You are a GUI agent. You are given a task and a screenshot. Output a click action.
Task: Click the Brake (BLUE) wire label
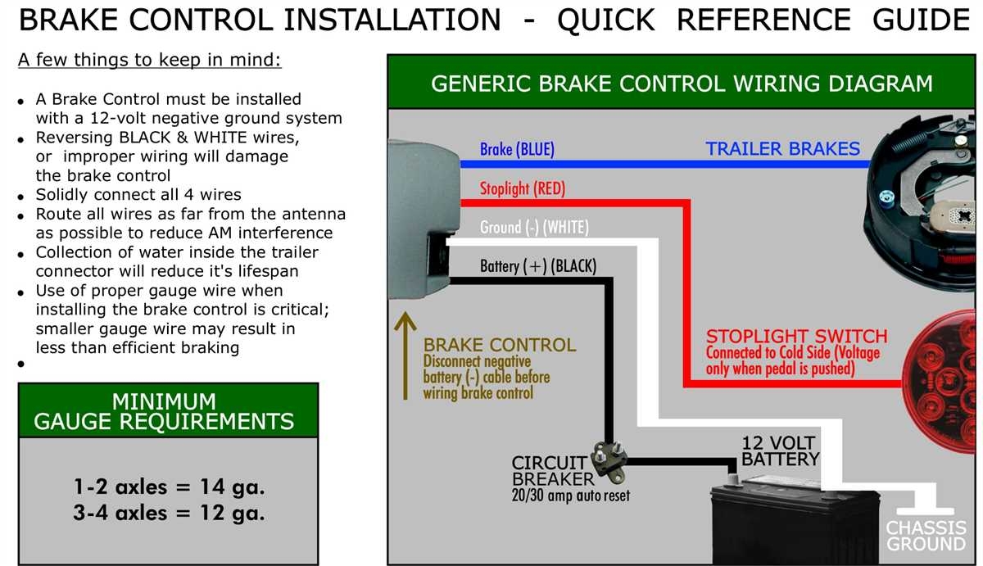point(517,149)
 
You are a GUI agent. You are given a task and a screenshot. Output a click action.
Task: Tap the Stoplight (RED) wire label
point(522,188)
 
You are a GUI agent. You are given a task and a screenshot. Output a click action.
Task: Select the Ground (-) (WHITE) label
point(533,227)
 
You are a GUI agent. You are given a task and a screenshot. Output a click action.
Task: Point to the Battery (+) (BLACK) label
point(538,266)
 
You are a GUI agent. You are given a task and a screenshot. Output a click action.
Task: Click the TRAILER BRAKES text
point(782,149)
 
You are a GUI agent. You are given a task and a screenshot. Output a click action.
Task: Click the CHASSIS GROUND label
point(926,536)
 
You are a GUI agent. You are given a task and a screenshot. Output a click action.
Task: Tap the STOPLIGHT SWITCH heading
point(796,337)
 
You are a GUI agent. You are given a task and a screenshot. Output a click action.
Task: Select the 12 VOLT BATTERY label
point(779,451)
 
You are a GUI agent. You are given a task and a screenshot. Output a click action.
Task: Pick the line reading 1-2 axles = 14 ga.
point(169,487)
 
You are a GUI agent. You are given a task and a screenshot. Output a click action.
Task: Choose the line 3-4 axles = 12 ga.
point(169,514)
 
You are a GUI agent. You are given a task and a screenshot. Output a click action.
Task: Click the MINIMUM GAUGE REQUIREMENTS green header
point(164,411)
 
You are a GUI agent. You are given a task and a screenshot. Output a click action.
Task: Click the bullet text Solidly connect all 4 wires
point(138,195)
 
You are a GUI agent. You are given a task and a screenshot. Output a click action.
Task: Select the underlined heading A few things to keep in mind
point(149,61)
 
